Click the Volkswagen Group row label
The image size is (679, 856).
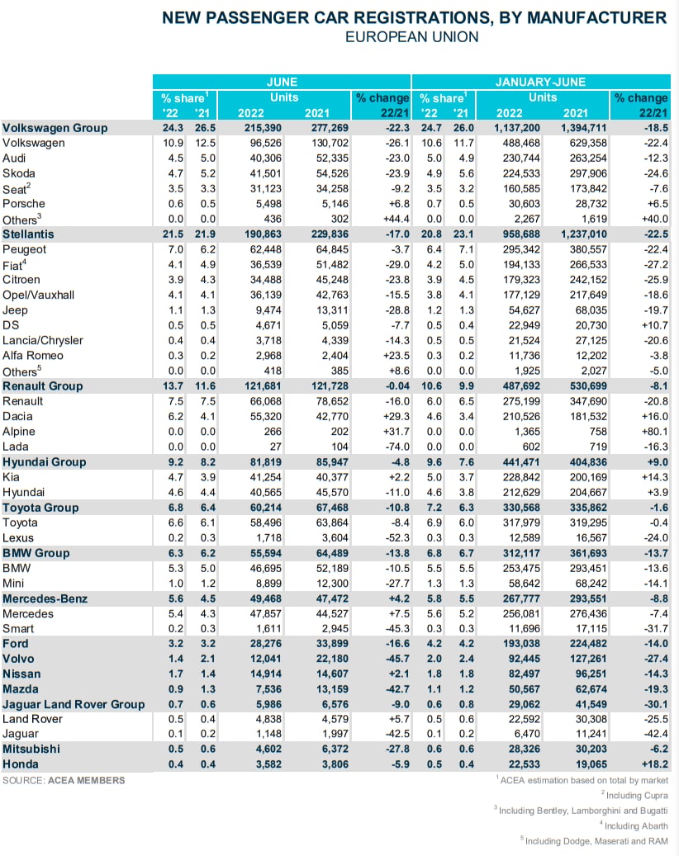coord(55,128)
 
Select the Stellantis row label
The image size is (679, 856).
coord(28,234)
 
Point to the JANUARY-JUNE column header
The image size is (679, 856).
coord(540,82)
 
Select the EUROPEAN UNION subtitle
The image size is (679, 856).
coord(411,37)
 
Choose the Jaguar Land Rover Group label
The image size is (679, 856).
coord(74,704)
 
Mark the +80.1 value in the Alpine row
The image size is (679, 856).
coord(650,432)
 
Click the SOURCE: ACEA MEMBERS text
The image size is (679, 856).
coord(64,780)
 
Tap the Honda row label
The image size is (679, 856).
coord(21,765)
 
